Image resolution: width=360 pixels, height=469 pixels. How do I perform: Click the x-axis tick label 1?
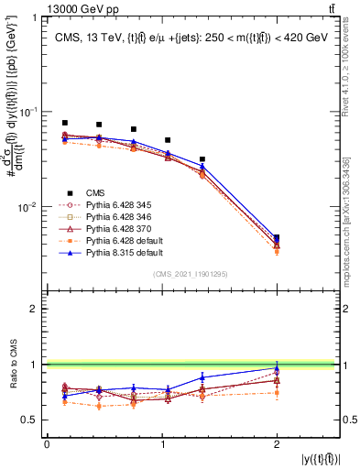163,443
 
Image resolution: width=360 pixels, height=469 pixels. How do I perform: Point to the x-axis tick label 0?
47,443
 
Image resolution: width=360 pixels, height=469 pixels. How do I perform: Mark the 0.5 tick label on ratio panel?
29,420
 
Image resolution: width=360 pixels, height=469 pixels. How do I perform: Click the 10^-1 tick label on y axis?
27,112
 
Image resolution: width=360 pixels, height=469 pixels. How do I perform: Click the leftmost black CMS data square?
64,123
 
